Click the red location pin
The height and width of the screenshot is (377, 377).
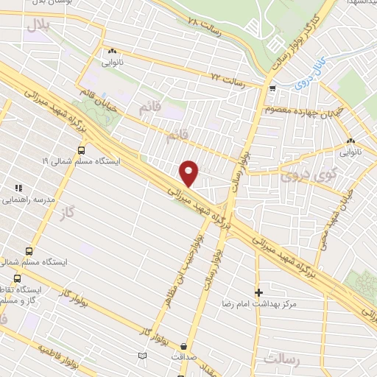(x=189, y=174)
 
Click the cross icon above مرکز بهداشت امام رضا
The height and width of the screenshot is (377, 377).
(x=258, y=292)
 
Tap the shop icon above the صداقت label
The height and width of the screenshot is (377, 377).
(x=183, y=346)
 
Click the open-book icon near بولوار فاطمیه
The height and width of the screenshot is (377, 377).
(x=143, y=356)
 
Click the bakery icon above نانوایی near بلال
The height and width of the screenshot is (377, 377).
(x=112, y=52)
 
